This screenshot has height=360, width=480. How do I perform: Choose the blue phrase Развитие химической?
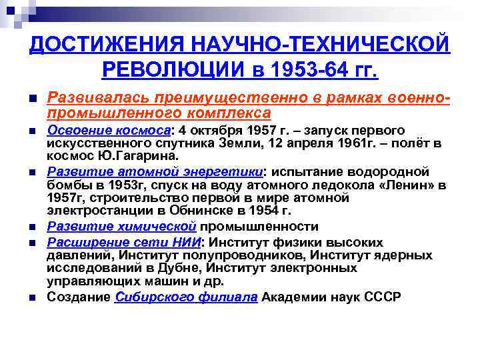122,227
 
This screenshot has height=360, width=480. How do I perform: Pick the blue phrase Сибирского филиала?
186,297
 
